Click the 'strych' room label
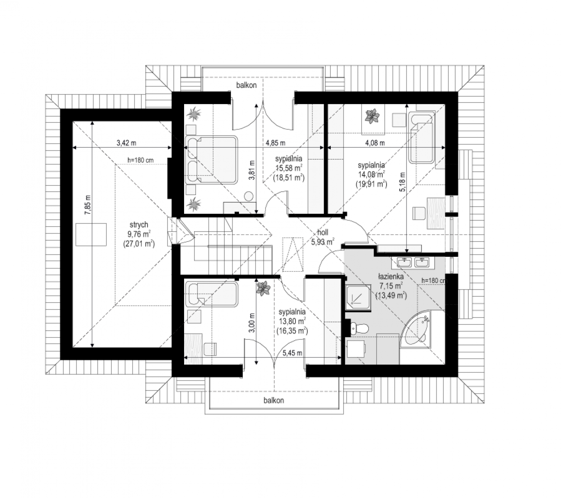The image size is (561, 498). tap(139, 225)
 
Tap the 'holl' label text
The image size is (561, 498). tap(323, 232)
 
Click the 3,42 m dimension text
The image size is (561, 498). tap(126, 143)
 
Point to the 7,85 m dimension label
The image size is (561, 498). tap(88, 205)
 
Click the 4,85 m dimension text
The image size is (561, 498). tap(275, 143)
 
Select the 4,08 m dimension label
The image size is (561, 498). tap(375, 143)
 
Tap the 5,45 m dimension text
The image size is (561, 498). tap(292, 353)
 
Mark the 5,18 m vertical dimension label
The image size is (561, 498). tap(402, 182)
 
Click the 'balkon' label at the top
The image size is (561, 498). tap(246, 85)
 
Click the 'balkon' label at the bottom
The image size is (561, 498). tap(273, 400)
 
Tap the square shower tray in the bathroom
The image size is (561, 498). tap(358, 297)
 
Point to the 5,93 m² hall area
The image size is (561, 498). tap(322, 242)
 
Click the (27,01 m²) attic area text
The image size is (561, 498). tap(139, 244)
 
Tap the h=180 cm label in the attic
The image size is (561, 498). tap(140, 160)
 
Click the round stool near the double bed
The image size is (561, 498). tap(249, 196)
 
